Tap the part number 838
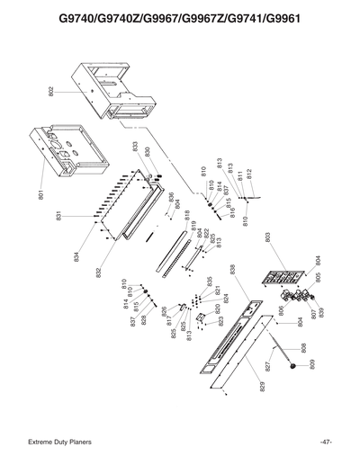coord(232,270)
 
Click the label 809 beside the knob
coord(311,364)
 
